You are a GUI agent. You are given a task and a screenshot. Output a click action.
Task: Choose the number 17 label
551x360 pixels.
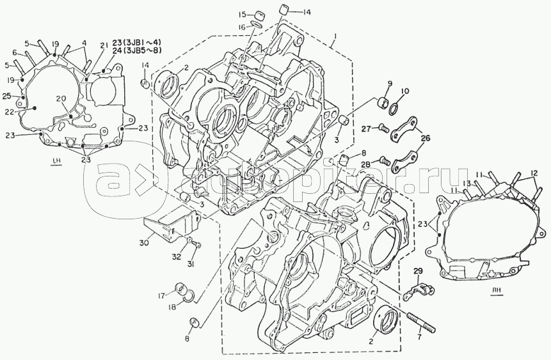(161, 294)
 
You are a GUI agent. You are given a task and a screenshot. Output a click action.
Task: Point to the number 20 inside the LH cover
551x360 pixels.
(61, 98)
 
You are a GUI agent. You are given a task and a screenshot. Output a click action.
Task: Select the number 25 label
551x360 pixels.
(7, 96)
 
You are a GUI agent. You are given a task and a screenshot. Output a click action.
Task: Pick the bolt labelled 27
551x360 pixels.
(383, 129)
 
